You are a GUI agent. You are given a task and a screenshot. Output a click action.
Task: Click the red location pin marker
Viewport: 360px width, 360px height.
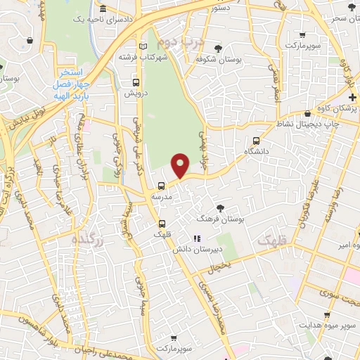pyautogui.click(x=181, y=165)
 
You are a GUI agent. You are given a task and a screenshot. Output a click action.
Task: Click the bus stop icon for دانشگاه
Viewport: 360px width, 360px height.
pyautogui.click(x=256, y=141)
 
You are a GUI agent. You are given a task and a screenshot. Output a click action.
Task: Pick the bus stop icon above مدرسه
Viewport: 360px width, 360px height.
pyautogui.click(x=162, y=186)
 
